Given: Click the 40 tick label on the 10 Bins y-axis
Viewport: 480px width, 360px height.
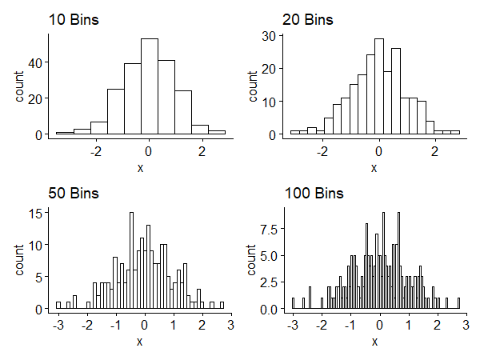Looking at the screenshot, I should (x=38, y=62).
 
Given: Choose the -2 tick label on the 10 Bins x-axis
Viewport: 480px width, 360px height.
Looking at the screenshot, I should (x=94, y=150).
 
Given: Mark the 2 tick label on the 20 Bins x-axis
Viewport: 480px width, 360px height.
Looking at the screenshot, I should (x=435, y=150).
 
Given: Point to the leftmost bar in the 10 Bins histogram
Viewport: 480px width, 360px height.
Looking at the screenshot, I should (x=64, y=133).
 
